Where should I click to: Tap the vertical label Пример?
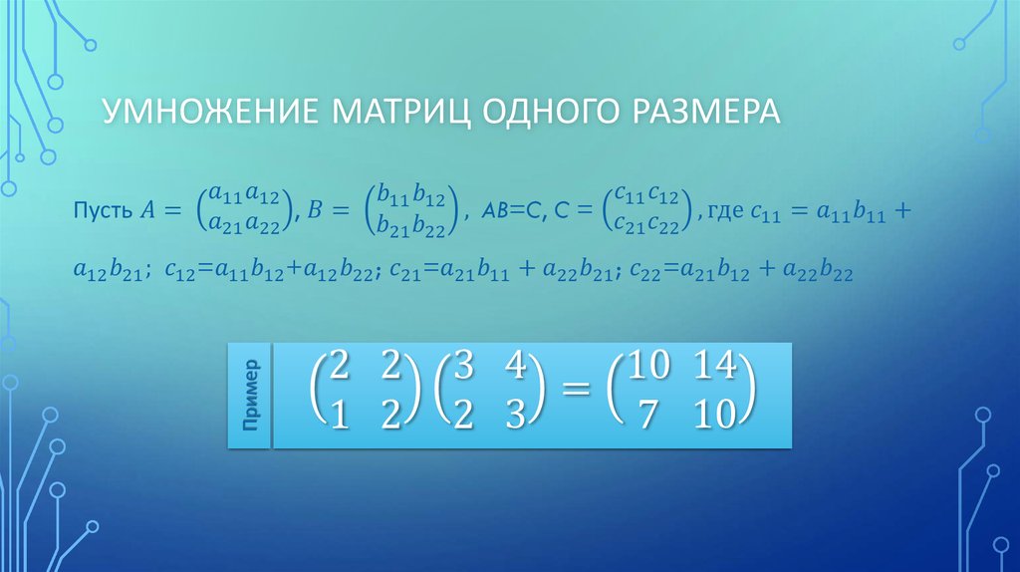(250, 394)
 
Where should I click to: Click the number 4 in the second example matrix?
(515, 367)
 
